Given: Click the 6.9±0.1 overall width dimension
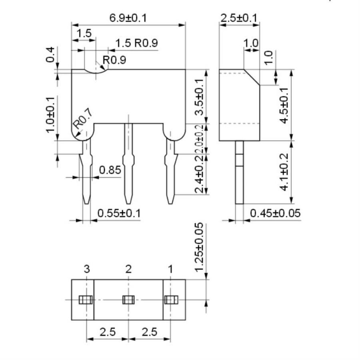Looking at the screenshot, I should click(128, 18).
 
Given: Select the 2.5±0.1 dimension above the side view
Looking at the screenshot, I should click(239, 18).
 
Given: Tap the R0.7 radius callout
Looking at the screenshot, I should click(83, 120).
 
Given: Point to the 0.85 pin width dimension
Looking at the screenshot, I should click(110, 170).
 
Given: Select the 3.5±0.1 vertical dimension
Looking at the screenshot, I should click(199, 96).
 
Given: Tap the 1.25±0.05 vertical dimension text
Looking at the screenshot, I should click(199, 247).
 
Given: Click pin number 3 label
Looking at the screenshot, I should click(87, 269).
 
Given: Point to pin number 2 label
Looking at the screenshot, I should click(128, 269).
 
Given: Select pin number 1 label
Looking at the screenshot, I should click(170, 269).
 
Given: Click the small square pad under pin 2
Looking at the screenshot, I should click(128, 300).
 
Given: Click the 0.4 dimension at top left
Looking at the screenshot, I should click(50, 54).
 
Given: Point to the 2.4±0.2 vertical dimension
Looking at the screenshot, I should click(199, 174).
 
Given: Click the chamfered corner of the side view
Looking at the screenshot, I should click(252, 77).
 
